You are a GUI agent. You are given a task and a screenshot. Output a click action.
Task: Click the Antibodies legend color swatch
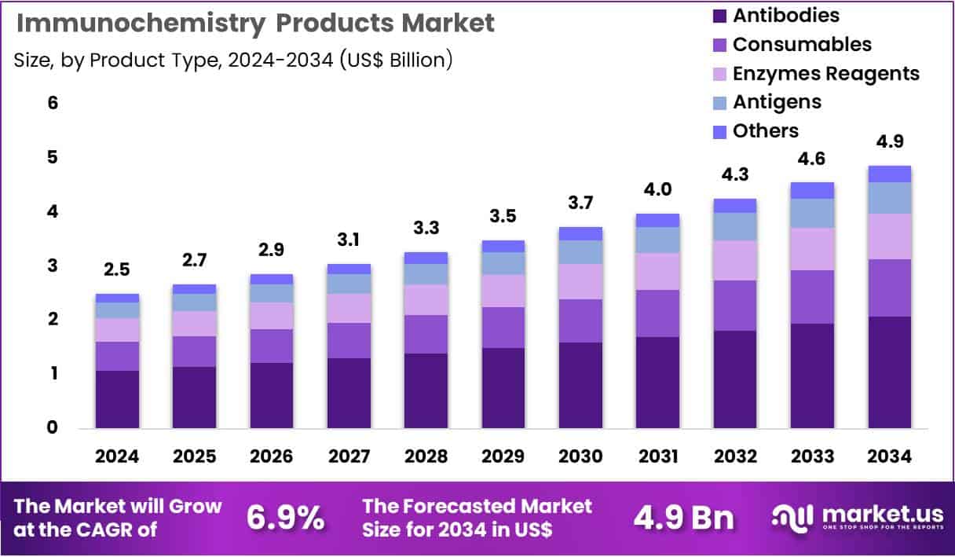[719, 16]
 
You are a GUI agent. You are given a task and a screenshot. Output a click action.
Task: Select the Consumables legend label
[801, 44]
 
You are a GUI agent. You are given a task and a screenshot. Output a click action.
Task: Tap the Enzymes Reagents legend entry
[825, 73]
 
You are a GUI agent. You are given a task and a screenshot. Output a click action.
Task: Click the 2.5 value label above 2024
[117, 270]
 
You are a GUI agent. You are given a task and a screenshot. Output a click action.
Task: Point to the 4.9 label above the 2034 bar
[890, 141]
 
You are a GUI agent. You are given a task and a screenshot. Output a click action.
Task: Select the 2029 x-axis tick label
[503, 457]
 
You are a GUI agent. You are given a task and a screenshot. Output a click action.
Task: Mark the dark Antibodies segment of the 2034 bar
[890, 372]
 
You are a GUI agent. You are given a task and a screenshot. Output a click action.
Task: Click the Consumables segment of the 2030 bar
[580, 321]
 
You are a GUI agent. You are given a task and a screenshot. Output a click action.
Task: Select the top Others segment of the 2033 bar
[812, 190]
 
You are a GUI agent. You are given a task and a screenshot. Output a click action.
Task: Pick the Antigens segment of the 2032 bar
[735, 226]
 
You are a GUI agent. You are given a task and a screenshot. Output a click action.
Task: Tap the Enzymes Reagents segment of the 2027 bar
[349, 308]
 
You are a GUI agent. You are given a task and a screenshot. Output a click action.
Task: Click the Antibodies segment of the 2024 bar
[117, 399]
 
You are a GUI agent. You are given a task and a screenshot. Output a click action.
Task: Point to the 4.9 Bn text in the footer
[683, 518]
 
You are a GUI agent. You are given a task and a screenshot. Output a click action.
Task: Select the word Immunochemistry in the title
[141, 23]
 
